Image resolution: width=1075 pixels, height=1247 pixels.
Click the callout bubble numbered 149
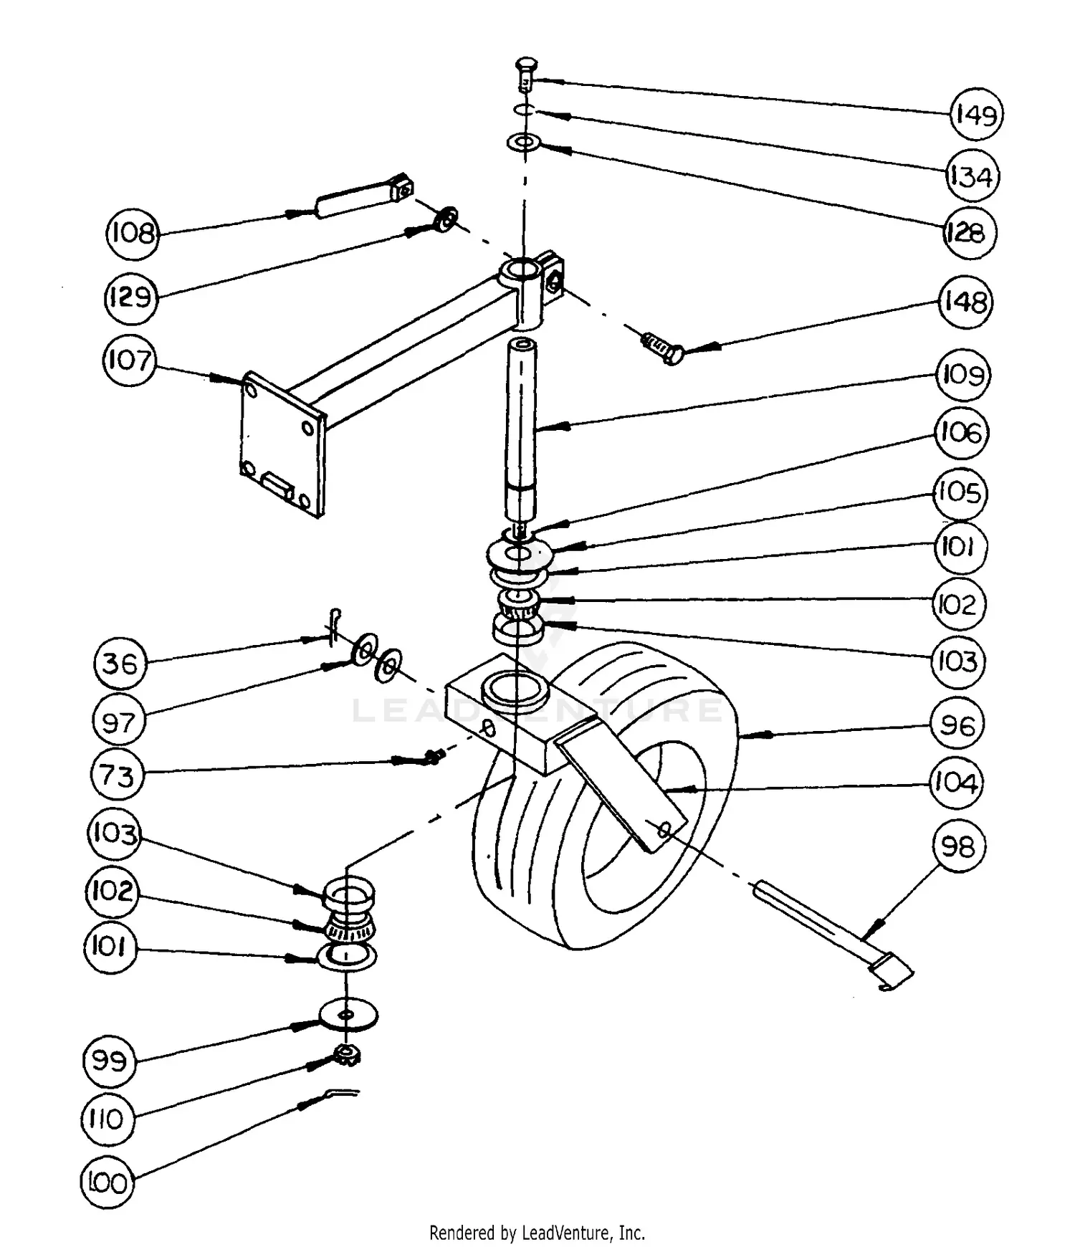coord(976,115)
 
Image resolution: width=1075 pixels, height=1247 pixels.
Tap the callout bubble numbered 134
coord(971,176)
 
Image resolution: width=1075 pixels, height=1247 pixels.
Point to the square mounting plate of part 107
coord(281,444)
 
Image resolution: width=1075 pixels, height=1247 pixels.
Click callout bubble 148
coord(965,302)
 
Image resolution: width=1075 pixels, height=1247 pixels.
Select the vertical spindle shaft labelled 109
coord(522,430)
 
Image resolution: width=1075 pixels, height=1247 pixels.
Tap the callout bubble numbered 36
coord(120,663)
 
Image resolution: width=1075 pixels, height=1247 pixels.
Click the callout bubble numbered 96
coord(957,725)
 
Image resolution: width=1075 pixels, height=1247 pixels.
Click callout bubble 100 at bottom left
coord(107,1182)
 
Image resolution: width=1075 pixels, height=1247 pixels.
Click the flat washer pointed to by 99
coord(348,1015)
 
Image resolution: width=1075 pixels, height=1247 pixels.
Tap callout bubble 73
coord(118,775)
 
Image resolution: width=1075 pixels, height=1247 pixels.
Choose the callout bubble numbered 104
coord(955,783)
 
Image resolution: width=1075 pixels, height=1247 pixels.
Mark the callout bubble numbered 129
coord(130,297)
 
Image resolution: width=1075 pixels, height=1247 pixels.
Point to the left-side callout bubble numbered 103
coord(114,833)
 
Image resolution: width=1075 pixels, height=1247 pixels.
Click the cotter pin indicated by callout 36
coord(334,626)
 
